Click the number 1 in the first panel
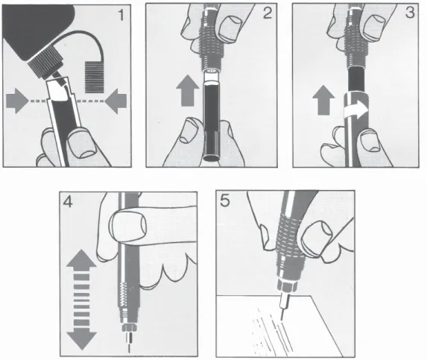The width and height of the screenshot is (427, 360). [x=121, y=15]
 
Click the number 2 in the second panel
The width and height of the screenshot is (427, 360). [x=267, y=13]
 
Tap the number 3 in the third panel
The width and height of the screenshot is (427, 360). [x=410, y=13]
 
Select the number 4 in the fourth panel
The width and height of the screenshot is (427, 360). [x=68, y=202]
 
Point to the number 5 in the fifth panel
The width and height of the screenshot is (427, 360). [x=225, y=201]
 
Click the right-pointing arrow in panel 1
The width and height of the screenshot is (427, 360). [x=17, y=101]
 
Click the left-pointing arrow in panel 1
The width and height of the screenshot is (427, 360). [x=116, y=101]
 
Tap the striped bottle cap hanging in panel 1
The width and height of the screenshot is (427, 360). [x=95, y=78]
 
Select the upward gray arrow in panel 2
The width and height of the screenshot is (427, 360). [x=188, y=91]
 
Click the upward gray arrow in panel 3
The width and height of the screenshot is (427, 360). [x=323, y=100]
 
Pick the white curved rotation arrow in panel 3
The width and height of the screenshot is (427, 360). [x=356, y=110]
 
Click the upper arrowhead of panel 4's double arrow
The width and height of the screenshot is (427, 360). [x=81, y=258]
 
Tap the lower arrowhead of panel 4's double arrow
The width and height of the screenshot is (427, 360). [x=81, y=341]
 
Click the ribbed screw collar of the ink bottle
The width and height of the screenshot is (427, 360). [x=45, y=63]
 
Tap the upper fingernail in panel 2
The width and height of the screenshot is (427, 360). [x=231, y=28]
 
